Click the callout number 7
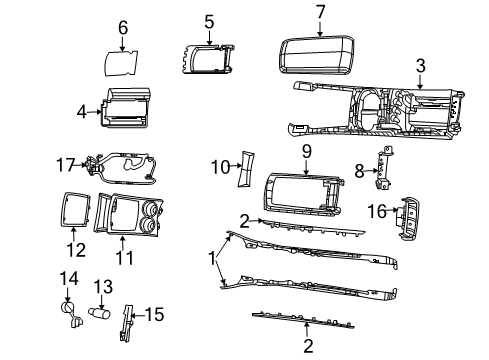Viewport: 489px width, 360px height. (321, 12)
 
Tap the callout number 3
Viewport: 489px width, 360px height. (421, 67)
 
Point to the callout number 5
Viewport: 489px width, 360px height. (209, 20)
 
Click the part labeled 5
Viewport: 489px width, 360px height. (209, 59)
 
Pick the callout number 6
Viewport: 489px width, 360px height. (123, 27)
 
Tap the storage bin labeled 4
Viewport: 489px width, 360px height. (127, 107)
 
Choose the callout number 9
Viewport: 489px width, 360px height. (308, 152)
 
